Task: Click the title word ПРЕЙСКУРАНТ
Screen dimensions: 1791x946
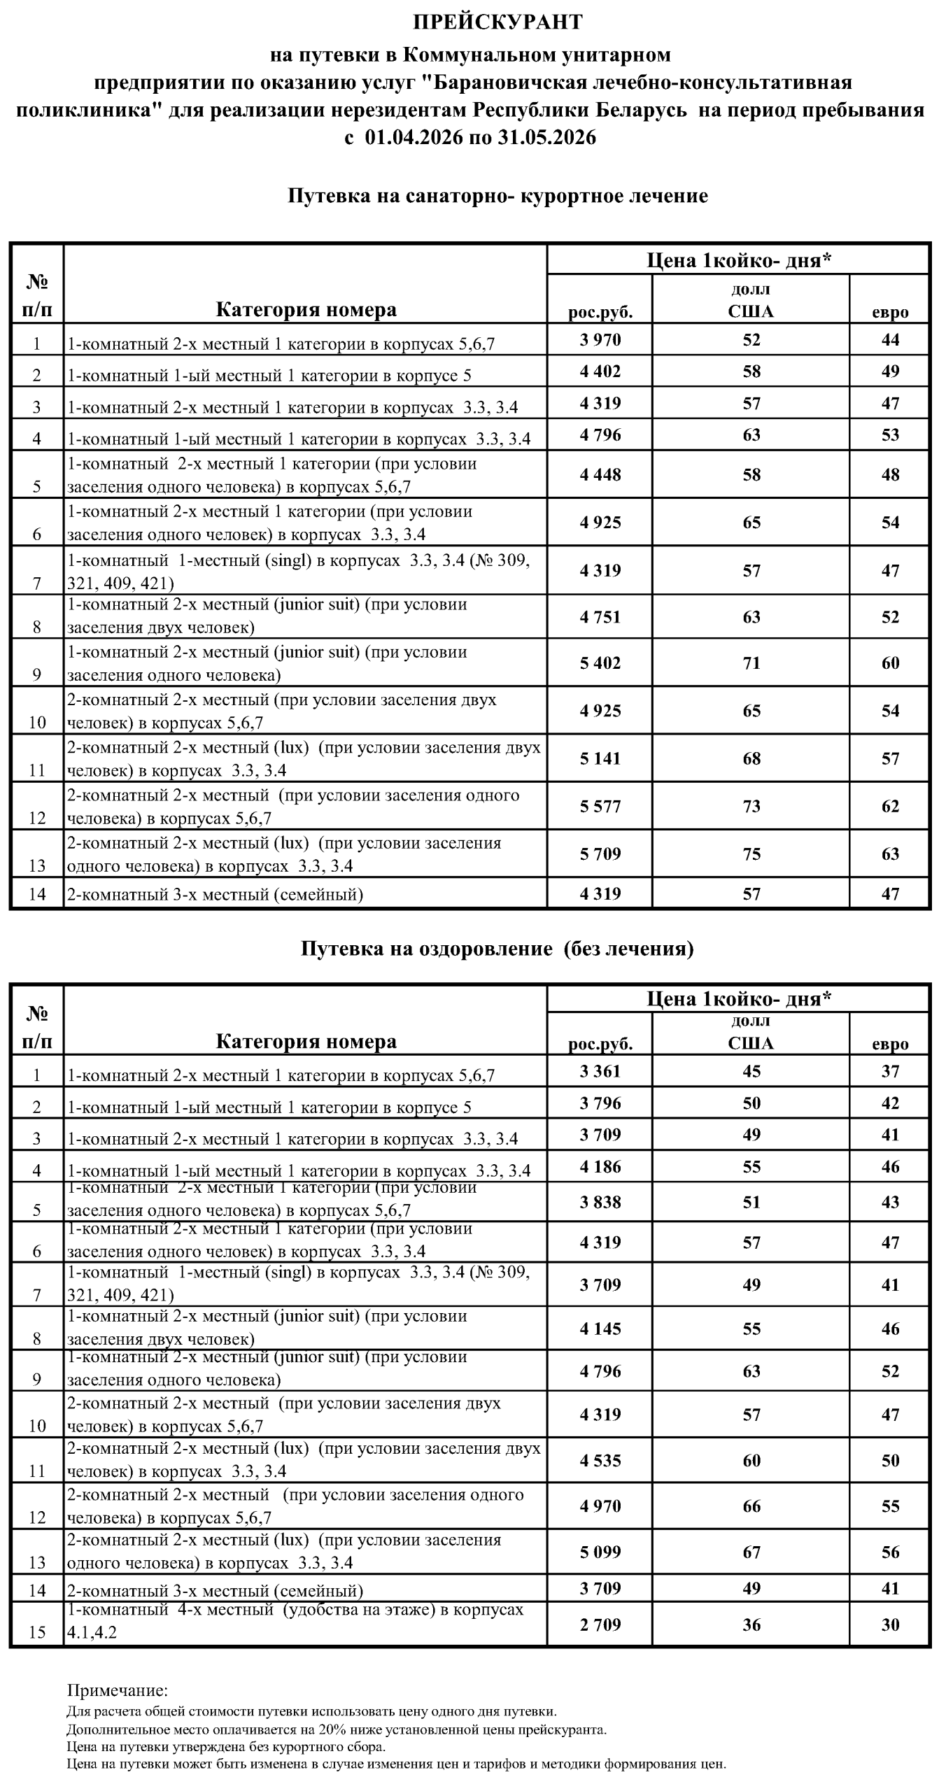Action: point(497,22)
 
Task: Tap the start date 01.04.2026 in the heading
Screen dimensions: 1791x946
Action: point(414,137)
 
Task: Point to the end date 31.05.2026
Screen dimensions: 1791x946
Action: point(547,137)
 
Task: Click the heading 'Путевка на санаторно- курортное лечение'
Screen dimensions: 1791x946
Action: point(497,196)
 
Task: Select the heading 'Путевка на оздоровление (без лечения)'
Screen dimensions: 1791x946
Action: point(497,949)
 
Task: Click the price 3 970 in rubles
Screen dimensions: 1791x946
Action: point(600,340)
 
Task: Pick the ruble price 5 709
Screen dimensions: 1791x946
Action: point(600,854)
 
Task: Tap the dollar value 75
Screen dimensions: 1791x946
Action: point(751,854)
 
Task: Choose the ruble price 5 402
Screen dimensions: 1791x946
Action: point(600,663)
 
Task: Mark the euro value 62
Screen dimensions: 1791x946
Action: point(890,807)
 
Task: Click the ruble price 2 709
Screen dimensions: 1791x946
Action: point(600,1625)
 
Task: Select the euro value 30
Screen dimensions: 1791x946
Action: point(890,1625)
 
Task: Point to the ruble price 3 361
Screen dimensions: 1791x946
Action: point(600,1072)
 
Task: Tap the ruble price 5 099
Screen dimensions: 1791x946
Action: point(600,1552)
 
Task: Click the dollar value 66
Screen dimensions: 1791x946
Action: point(751,1506)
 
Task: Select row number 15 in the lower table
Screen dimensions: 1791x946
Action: point(37,1632)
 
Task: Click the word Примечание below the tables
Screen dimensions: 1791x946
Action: point(117,1691)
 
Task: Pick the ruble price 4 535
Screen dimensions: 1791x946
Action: point(600,1461)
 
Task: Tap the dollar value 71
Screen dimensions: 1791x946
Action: point(751,663)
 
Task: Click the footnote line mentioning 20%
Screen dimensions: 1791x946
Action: point(337,1730)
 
